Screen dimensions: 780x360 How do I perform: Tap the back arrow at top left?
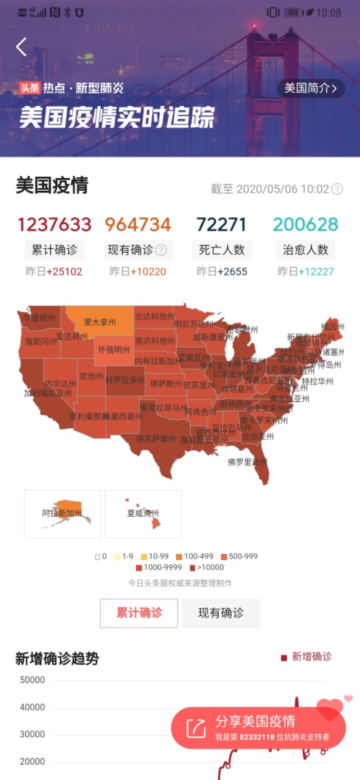pos(21,47)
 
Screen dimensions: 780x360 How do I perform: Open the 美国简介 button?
pos(310,88)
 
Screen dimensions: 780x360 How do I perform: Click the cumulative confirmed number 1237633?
pos(54,225)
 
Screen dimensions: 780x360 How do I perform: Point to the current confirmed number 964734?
pos(138,225)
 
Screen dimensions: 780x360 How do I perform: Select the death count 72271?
pos(222,225)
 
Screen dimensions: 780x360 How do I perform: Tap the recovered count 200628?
pos(305,225)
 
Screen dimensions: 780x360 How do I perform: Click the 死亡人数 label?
pos(222,250)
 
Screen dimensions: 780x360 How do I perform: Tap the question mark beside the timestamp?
pos(337,189)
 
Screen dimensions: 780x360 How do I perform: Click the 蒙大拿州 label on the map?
pos(100,322)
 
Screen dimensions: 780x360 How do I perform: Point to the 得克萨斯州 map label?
pos(156,438)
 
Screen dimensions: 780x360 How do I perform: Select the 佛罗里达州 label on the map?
pos(247,462)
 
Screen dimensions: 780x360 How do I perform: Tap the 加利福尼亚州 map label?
pos(48,393)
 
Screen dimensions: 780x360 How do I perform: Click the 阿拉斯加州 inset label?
pos(62,513)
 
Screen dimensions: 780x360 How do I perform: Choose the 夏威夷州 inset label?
pos(143,513)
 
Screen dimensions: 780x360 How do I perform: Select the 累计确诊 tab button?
pos(139,613)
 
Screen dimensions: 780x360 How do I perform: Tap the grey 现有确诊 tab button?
pos(220,613)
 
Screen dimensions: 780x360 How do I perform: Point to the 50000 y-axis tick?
pos(33,680)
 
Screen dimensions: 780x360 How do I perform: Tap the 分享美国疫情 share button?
pos(258,728)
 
